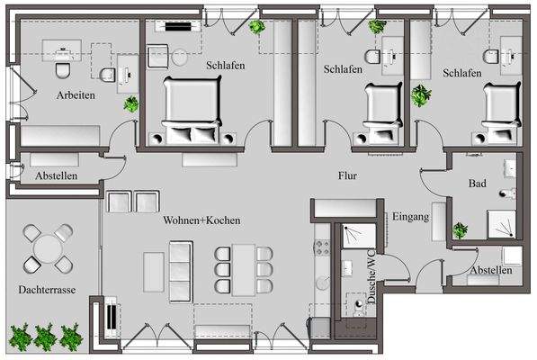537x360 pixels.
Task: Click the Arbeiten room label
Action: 76,94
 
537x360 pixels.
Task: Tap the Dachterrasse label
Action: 47,291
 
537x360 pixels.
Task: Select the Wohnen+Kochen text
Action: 201,220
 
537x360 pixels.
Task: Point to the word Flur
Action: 348,176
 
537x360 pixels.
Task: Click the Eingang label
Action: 408,216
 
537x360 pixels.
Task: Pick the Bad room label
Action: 478,184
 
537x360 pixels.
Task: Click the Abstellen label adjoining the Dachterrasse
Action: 56,176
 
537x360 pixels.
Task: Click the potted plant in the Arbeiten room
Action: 131,104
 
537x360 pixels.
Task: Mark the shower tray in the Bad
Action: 501,224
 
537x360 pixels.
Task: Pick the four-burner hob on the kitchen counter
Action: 321,244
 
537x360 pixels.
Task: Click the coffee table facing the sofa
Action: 154,272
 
